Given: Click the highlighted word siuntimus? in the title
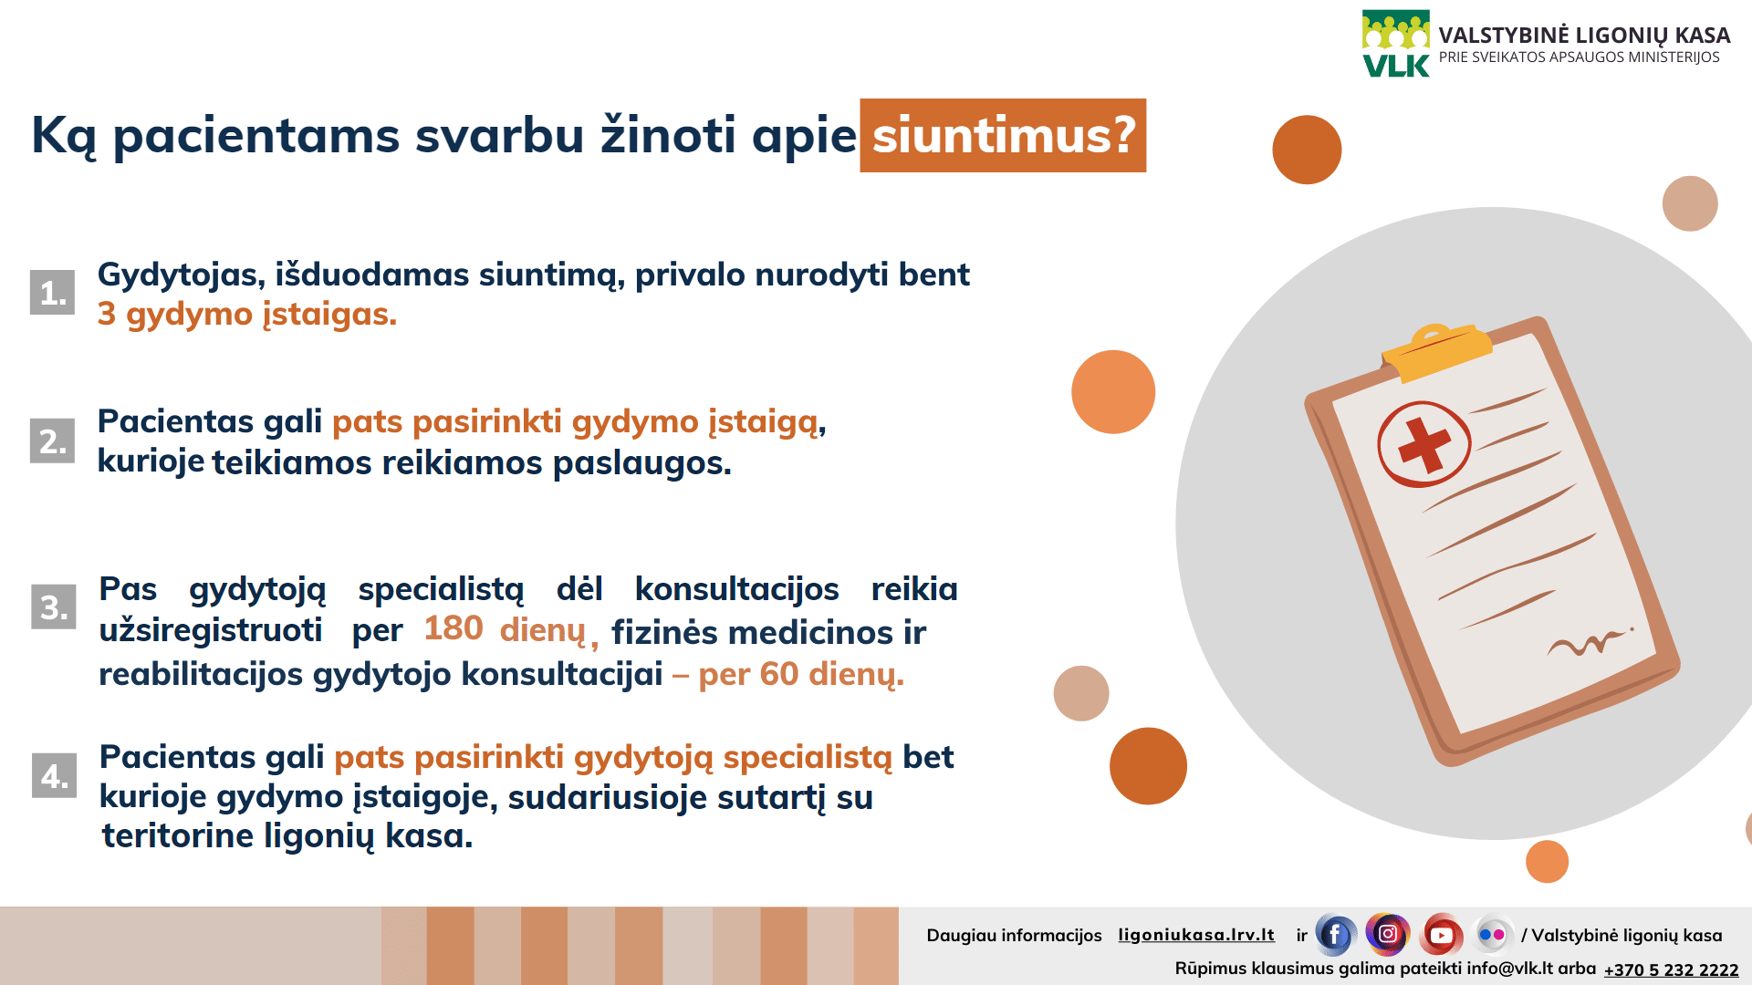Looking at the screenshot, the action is pos(1003,135).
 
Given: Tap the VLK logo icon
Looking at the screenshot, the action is pos(1396,44).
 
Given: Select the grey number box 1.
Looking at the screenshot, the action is pos(52,293).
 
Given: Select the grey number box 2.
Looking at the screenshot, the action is pos(52,441).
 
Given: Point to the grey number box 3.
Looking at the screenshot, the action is pos(54,607).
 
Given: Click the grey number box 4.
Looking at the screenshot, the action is pos(54,775).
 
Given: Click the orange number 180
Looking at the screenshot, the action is pos(454,628).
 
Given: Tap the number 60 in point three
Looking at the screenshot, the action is pos(779,674).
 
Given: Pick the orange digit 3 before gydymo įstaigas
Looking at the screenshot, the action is pos(107,314).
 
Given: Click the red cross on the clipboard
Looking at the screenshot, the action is pos(1424,445).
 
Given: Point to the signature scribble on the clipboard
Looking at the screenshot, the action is pos(1590,643).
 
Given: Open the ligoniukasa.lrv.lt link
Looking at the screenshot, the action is pos(1196,935).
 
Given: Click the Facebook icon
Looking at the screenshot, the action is pos(1335,935).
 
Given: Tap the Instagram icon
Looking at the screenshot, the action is pos(1388,934).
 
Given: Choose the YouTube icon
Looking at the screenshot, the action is pos(1441,935).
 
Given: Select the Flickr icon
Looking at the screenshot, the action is pos(1492,934).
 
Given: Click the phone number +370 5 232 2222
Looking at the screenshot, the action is pos(1672,970).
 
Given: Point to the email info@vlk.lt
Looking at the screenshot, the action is pos(1510,969).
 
